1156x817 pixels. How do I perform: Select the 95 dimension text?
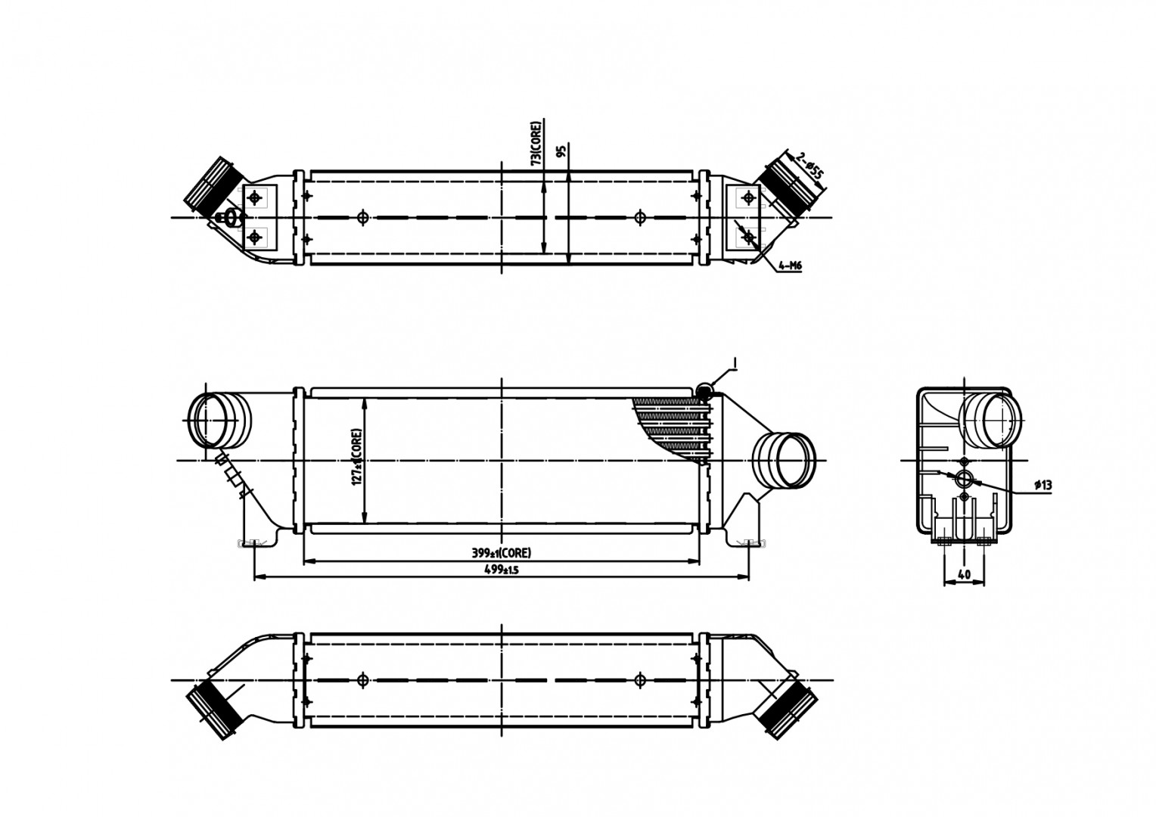click(x=561, y=151)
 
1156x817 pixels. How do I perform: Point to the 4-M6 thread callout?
click(x=789, y=266)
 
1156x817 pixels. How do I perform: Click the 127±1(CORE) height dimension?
click(x=356, y=458)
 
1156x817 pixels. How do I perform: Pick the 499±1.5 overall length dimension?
click(x=500, y=570)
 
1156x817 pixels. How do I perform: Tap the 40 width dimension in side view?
click(x=964, y=575)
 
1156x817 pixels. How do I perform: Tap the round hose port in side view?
click(x=991, y=421)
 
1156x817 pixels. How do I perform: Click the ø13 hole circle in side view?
click(x=963, y=479)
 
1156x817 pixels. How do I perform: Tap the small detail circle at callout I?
click(x=704, y=390)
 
